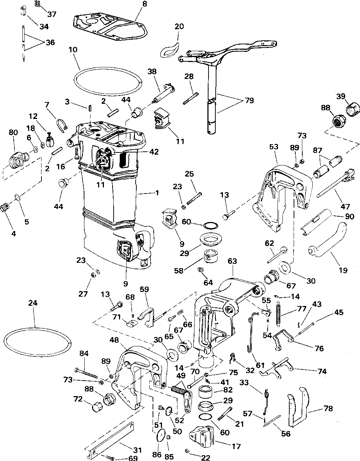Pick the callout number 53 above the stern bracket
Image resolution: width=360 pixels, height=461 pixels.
(274, 147)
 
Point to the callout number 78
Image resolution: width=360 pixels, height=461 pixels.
(328, 408)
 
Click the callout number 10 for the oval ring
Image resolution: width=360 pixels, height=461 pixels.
(73, 50)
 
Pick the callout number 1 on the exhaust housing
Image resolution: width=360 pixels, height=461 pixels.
(157, 193)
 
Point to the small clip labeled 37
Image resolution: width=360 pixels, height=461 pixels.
(38, 4)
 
